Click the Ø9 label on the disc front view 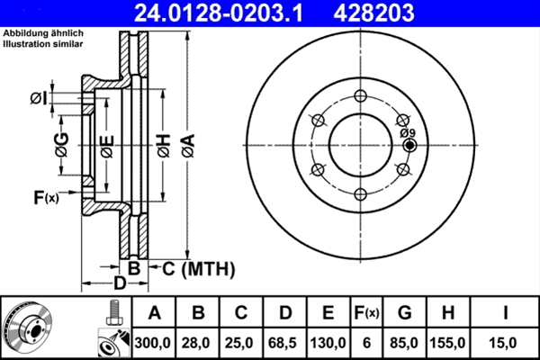click(407, 132)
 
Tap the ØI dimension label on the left click(38, 98)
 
